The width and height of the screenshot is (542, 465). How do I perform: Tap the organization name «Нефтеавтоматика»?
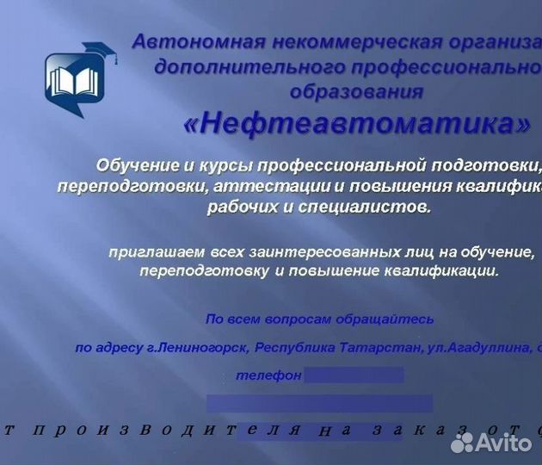pyautogui.click(x=356, y=125)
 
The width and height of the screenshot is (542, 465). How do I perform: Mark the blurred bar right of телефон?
pyautogui.click(x=354, y=375)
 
